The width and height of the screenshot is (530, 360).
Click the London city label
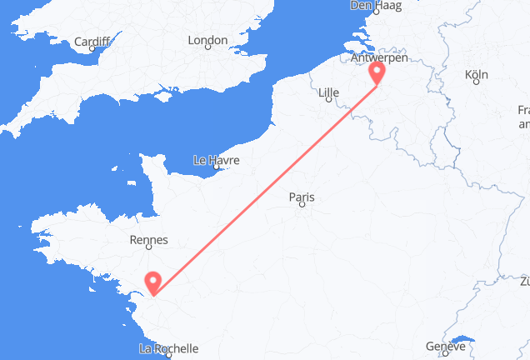tap(207, 40)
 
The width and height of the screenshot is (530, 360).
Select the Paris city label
tap(302, 197)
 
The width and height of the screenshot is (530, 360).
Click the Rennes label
tap(150, 240)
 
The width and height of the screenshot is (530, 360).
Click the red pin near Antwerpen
tap(377, 74)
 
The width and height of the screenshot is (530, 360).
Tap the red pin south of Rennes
tap(153, 283)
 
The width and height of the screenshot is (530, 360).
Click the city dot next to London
tap(207, 49)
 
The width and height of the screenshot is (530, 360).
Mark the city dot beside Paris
tap(302, 207)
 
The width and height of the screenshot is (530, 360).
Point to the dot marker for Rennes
tap(150, 250)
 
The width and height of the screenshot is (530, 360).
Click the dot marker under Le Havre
tap(216, 168)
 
